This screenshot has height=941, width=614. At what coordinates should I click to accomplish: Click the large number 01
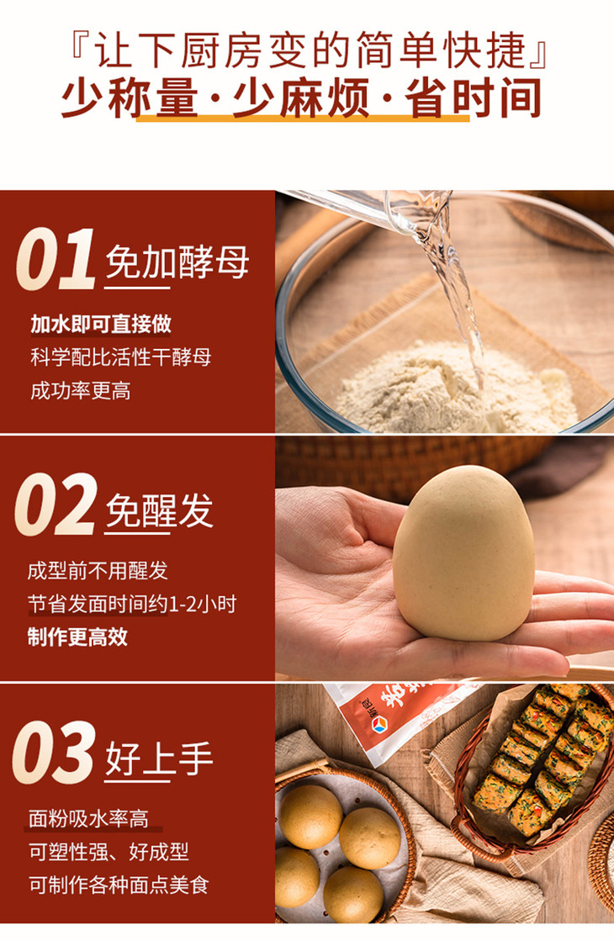56,259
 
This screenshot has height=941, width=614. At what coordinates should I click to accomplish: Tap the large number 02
56,504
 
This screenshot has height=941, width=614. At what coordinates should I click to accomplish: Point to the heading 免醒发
159,510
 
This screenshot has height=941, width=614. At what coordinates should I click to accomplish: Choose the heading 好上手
159,759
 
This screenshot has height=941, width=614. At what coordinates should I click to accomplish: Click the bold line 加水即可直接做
101,324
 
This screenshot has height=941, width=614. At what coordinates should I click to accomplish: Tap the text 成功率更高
81,391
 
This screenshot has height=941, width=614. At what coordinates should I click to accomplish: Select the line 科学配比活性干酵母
120,357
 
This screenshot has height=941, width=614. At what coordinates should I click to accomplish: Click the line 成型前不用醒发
98,570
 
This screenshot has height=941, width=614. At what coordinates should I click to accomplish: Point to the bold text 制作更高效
77,637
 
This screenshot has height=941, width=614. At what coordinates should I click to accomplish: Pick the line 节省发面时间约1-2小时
132,604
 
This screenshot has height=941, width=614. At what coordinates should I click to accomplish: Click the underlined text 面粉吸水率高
89,818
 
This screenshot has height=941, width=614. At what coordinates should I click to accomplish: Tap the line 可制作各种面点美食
119,885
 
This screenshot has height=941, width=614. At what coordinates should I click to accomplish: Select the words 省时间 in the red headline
473,98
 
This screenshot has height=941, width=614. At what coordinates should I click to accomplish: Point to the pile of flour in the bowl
454,388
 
